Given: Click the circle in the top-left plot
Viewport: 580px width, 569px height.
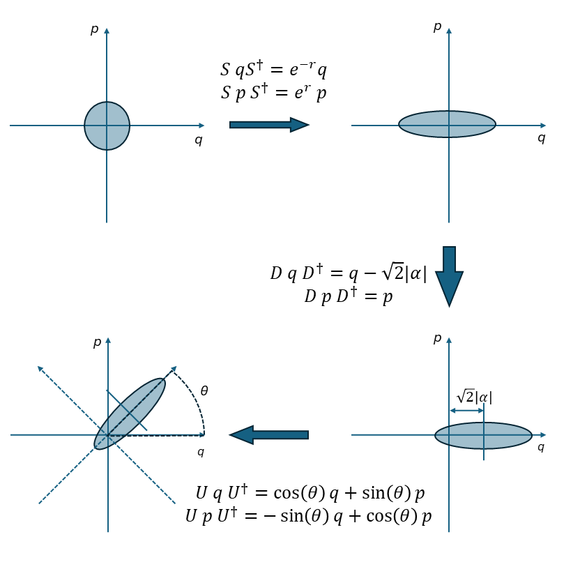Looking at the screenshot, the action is (107, 126).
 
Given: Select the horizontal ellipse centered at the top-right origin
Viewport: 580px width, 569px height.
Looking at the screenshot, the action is (447, 124).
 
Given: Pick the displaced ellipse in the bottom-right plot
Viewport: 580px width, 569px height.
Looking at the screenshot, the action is (483, 435).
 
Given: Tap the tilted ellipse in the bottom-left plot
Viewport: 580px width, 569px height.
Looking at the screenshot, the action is (130, 414).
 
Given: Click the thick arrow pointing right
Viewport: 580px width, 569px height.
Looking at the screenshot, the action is (269, 125).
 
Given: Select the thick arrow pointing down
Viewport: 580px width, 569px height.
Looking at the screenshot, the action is (449, 276).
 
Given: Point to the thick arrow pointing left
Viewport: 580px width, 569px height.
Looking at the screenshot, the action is (269, 434).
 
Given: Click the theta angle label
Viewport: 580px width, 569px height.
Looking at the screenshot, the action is (204, 390).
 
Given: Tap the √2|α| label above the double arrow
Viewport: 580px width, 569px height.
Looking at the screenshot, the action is (474, 397).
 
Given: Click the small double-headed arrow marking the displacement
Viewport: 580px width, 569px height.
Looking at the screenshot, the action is (467, 410).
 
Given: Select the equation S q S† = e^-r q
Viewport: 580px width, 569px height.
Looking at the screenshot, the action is (273, 69).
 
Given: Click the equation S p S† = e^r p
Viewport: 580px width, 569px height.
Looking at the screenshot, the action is (273, 93).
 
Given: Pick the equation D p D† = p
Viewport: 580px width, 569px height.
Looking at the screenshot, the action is (349, 296).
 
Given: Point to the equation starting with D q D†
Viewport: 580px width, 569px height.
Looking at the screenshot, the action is (349, 273).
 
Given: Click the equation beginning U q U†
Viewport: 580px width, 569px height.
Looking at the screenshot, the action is (310, 493).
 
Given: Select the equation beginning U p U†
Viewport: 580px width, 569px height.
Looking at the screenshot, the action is (309, 516).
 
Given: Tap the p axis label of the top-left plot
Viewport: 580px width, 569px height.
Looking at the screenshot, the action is (95, 29).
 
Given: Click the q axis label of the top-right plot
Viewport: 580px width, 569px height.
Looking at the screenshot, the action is (541, 138).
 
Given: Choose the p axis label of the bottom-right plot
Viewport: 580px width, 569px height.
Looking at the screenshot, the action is (438, 338).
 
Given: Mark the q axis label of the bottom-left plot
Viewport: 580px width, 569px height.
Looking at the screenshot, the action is (201, 452).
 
